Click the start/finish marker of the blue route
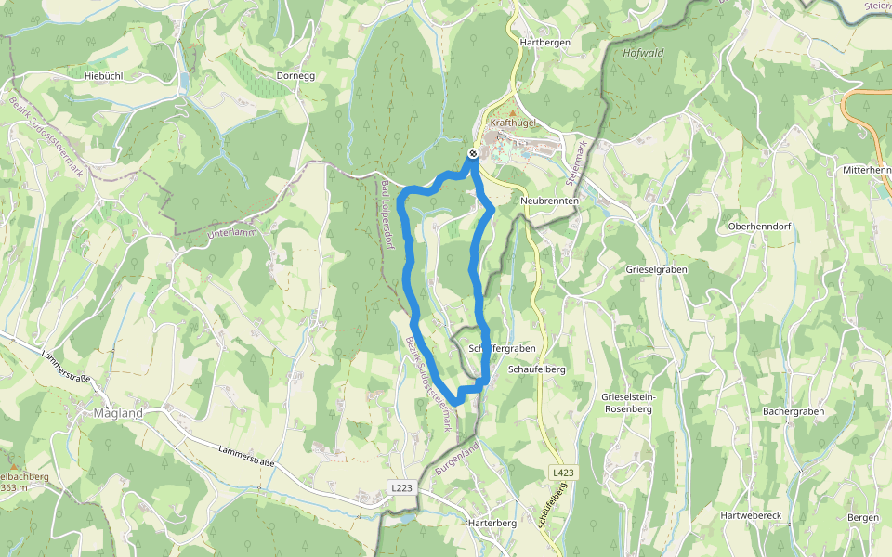(473, 153)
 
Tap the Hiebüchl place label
(103, 75)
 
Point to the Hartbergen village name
(544, 43)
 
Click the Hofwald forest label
(644, 52)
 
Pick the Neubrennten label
(550, 201)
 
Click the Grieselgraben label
(656, 268)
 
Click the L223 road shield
(400, 487)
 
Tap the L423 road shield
(563, 473)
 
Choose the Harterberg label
(492, 523)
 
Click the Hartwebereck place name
(754, 514)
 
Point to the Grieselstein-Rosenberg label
(629, 402)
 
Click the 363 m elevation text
(14, 487)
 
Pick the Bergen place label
(863, 516)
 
